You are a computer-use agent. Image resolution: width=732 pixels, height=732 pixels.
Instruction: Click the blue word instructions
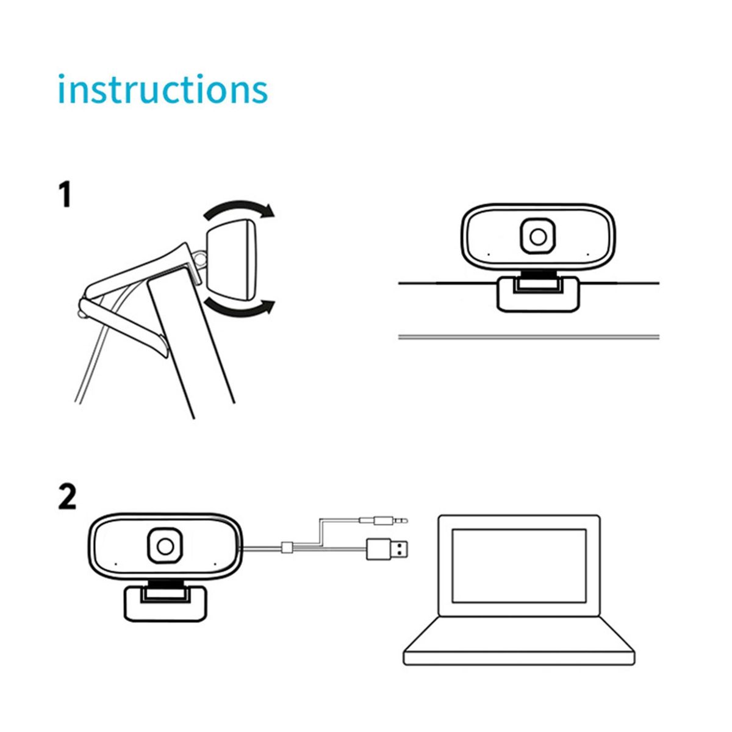click(x=163, y=89)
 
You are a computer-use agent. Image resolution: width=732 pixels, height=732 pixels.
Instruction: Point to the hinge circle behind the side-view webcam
click(x=200, y=258)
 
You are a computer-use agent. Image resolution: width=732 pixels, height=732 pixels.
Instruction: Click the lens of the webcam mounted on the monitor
click(x=537, y=237)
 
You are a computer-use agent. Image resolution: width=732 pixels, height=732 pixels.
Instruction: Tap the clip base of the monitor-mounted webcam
click(x=539, y=295)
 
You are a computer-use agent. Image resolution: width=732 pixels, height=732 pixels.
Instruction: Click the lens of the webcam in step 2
click(x=165, y=546)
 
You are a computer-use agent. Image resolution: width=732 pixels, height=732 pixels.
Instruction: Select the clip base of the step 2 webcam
click(x=166, y=604)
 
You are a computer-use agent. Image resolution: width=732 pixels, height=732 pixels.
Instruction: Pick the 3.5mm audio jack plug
click(x=383, y=520)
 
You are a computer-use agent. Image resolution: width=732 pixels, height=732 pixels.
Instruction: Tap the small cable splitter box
click(x=287, y=548)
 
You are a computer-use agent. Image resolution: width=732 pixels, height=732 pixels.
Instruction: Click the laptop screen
click(x=519, y=565)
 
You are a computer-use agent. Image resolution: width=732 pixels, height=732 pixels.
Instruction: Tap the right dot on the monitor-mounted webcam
click(x=587, y=254)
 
